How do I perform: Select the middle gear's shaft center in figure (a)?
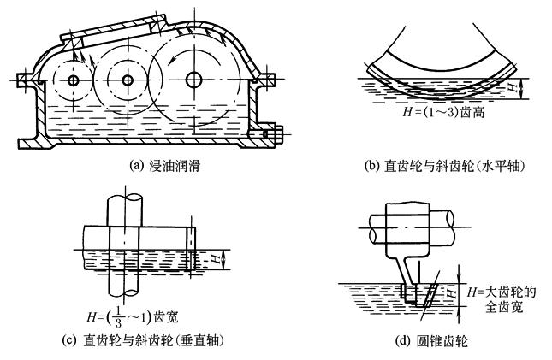coord(128,80)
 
